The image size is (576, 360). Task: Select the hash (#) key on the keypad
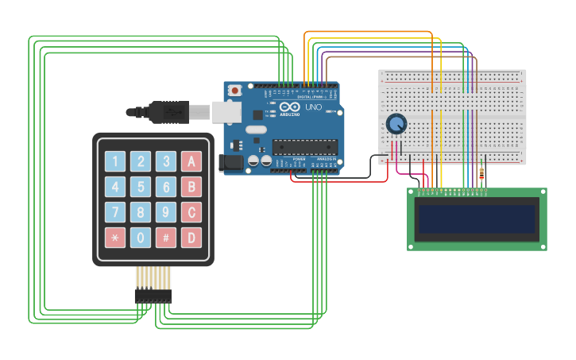coord(165,237)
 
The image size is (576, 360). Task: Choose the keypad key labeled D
coord(191,237)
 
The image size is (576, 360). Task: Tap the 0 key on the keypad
coord(141,237)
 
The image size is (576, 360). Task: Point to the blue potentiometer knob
coord(396,124)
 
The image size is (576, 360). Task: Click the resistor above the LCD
coord(481,174)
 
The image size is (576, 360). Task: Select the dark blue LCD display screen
coord(477,219)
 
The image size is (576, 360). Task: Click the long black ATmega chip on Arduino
coord(305,147)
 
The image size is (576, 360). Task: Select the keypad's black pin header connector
coord(153,296)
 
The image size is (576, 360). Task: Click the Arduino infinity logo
coord(290,106)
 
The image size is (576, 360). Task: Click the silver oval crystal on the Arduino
coord(256,129)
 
